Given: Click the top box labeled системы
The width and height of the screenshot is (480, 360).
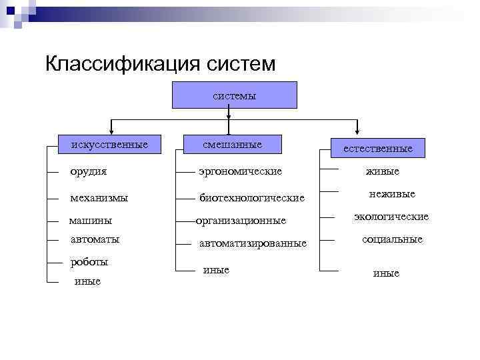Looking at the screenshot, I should tap(235, 95).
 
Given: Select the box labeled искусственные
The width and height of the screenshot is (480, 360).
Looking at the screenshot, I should tap(111, 144).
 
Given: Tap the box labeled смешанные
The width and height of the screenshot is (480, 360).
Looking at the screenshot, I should tap(233, 144).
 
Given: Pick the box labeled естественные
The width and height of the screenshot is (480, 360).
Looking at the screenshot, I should tap(377, 149).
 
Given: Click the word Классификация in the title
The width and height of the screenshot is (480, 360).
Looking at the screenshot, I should tap(121, 64).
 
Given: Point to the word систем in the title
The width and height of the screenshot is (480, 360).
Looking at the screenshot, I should tap(241, 64).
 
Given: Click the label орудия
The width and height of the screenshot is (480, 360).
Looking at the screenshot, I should tap(89, 171).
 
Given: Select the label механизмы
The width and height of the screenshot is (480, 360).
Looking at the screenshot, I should tap(99, 198).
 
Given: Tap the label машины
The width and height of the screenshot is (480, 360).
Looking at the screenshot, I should tap(91, 221).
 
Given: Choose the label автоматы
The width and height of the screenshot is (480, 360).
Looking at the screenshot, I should tap(95, 239).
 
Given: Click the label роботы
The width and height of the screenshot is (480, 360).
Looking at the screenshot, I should tap(89, 262).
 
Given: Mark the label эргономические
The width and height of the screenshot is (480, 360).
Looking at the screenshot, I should tap(241, 171).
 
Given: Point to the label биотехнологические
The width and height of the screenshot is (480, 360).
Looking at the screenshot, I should tap(252, 198).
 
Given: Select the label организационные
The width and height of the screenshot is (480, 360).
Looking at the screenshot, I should tap(241, 221).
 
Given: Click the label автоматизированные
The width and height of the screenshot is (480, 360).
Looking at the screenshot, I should tap(253, 243).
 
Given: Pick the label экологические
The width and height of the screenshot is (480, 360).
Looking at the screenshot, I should tap(391, 217).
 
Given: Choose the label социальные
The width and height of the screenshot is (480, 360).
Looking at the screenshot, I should tap(392, 239).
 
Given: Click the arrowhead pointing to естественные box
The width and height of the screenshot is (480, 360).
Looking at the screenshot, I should tap(358, 131).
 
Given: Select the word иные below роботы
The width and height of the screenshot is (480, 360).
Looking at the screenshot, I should tap(88, 282).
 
